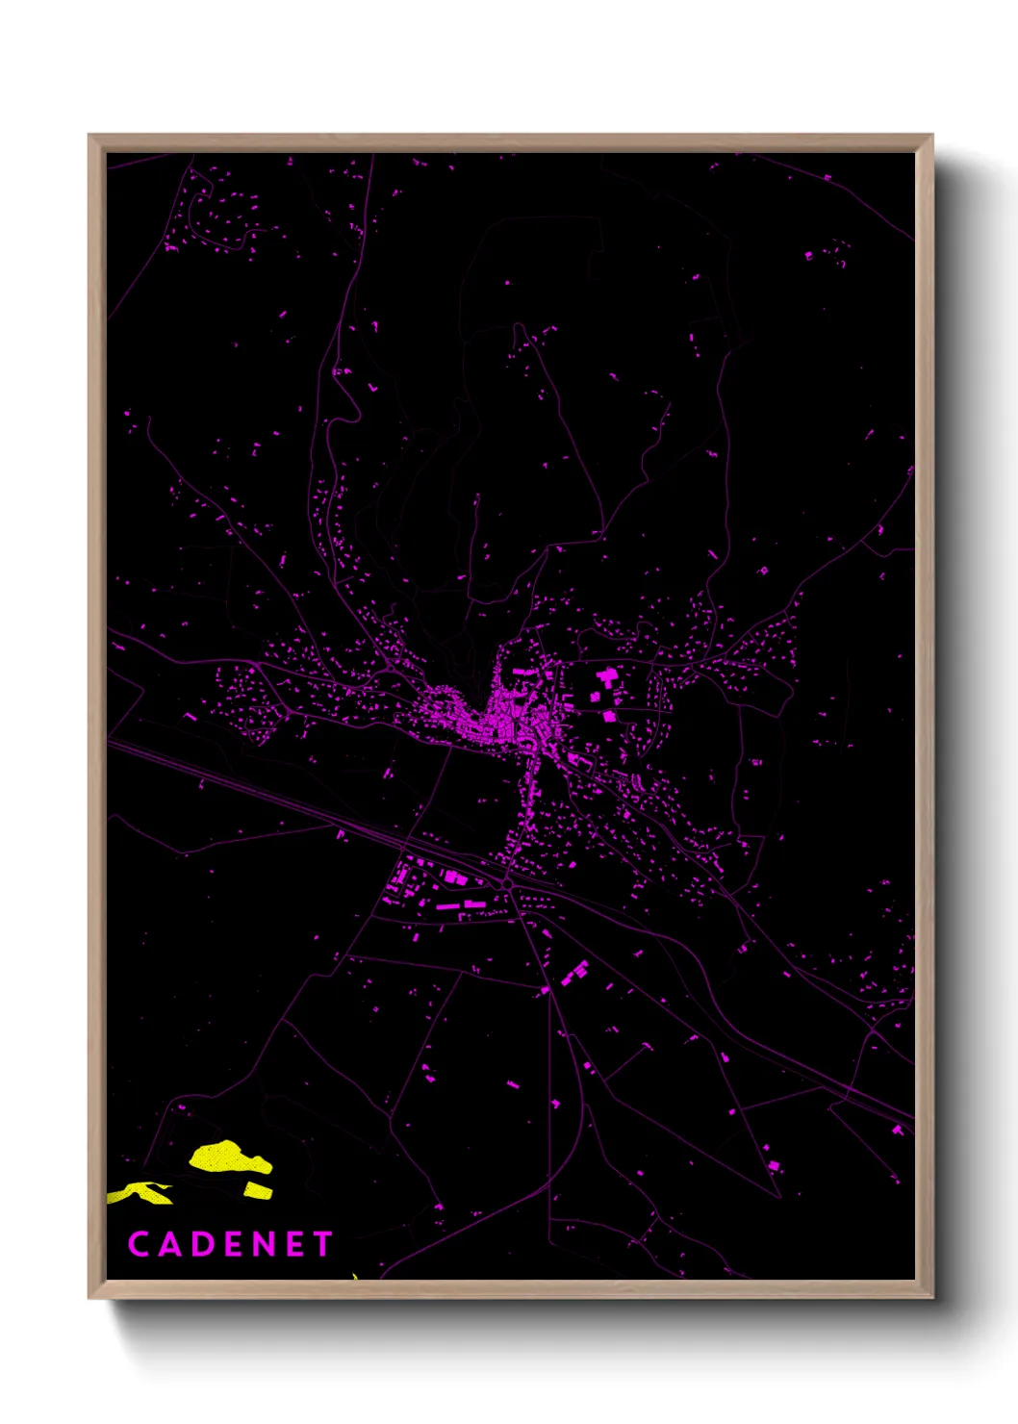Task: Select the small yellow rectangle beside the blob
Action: (258, 1191)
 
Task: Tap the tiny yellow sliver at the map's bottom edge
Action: (355, 1276)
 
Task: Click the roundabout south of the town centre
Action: (507, 881)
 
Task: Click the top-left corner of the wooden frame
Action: (89, 136)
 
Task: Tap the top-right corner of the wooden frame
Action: (931, 136)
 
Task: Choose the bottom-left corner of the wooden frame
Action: (89, 1297)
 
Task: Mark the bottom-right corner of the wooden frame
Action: (931, 1297)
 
